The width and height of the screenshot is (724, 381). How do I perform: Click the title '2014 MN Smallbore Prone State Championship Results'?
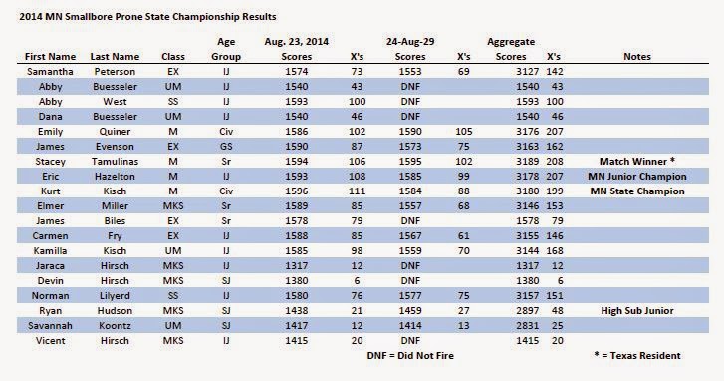pyautogui.click(x=147, y=17)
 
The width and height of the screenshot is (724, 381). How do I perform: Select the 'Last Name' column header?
pyautogui.click(x=115, y=57)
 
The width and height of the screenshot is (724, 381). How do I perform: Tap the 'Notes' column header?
pyautogui.click(x=637, y=57)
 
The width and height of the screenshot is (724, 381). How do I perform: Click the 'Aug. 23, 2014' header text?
pyautogui.click(x=297, y=42)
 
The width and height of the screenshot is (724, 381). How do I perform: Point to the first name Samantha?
pyautogui.click(x=50, y=71)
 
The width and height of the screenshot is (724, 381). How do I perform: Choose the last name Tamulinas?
pyautogui.click(x=115, y=162)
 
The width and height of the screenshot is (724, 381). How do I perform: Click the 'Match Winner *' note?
pyautogui.click(x=637, y=162)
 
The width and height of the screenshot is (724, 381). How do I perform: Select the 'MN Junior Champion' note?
pyautogui.click(x=637, y=177)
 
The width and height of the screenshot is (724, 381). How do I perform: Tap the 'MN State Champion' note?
pyautogui.click(x=637, y=190)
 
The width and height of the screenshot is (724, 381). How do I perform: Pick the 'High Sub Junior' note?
pyautogui.click(x=637, y=311)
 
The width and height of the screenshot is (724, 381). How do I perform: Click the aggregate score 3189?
pyautogui.click(x=527, y=162)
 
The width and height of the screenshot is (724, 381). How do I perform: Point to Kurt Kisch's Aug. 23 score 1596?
pyautogui.click(x=297, y=190)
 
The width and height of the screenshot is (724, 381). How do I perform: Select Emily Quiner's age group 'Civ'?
pyautogui.click(x=226, y=132)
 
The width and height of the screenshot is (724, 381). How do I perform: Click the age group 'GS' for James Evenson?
pyautogui.click(x=226, y=146)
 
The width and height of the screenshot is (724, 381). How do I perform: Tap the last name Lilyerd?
pyautogui.click(x=115, y=296)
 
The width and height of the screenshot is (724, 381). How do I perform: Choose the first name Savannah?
pyautogui.click(x=50, y=325)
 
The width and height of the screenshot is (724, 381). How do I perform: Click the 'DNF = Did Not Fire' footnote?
pyautogui.click(x=410, y=356)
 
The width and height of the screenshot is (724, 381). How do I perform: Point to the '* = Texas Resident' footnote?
pyautogui.click(x=637, y=356)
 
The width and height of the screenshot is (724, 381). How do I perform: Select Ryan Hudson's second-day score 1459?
pyautogui.click(x=410, y=311)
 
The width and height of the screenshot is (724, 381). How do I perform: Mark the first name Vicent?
pyautogui.click(x=50, y=341)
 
